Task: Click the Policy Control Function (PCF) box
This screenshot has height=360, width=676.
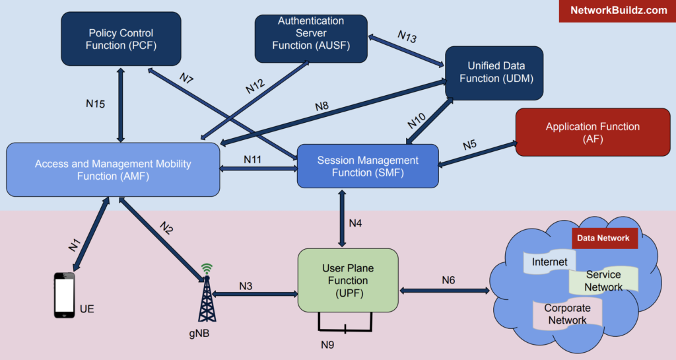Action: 121,39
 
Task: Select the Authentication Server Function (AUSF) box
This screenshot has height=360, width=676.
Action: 311,34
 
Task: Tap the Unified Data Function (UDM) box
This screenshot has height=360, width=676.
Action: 494,73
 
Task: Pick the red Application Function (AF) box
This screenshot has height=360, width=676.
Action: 592,132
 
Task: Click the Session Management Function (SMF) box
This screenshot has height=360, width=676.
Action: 368,166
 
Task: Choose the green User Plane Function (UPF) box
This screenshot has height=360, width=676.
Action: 348,279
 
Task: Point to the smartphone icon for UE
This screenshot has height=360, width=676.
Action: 64,297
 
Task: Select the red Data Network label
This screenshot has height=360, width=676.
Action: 603,238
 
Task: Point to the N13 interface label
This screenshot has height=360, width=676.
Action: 407,36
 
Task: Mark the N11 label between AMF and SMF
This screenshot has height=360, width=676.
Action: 253,159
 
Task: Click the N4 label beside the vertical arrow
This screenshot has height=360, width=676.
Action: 355,223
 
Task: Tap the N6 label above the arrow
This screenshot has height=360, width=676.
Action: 448,280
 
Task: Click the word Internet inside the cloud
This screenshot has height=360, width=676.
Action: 550,262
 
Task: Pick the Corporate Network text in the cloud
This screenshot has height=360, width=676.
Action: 567,314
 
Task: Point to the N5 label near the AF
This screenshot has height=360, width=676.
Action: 469,145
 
